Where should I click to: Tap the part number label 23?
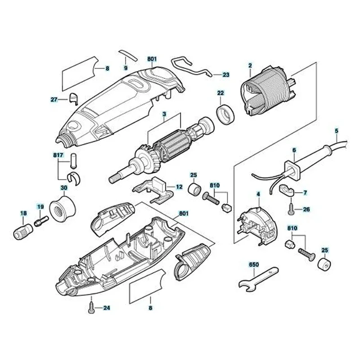click(x=226, y=75)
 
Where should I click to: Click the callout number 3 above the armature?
click(x=164, y=115)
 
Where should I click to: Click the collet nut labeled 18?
click(x=22, y=232)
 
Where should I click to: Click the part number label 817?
click(x=58, y=154)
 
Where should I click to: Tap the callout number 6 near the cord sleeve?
click(x=294, y=150)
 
